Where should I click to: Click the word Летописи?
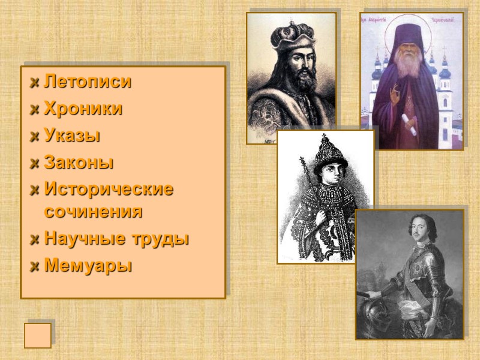point(88,82)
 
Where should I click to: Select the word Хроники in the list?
point(83,109)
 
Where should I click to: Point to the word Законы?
point(79,162)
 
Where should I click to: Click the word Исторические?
point(109,189)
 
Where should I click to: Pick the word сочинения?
point(93,211)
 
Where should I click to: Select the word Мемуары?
point(88,265)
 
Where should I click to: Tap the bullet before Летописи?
point(35,83)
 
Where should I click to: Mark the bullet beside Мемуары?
point(35,265)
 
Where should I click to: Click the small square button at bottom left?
point(37,335)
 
